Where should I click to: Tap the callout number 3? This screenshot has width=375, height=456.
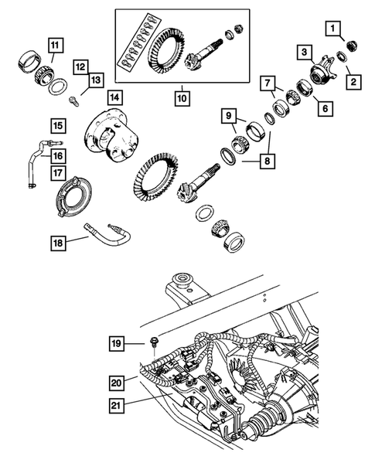point(306,53)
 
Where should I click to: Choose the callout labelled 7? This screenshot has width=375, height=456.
point(267,82)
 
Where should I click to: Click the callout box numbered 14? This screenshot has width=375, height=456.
point(114,98)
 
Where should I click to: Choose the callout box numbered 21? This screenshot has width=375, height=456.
point(116,402)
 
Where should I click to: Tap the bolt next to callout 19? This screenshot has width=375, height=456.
point(155,341)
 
